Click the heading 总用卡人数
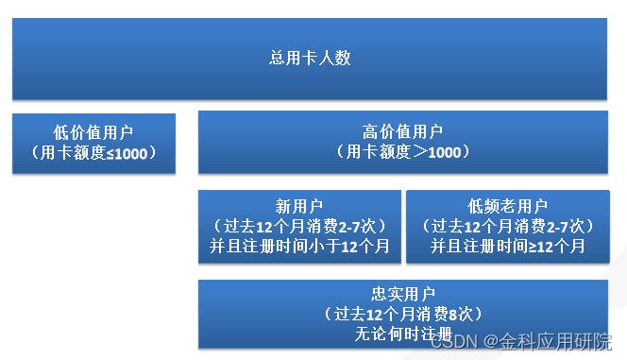[x=310, y=58]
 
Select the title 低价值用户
[x=93, y=133]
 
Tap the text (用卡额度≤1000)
[x=93, y=152]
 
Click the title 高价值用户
[x=402, y=131]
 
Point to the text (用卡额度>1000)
[x=402, y=151]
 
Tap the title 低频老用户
[x=507, y=206]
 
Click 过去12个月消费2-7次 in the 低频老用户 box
[x=507, y=226]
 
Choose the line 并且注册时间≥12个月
[x=507, y=246]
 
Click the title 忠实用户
[x=402, y=293]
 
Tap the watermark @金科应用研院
[x=548, y=341]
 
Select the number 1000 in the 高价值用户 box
[x=444, y=152]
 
